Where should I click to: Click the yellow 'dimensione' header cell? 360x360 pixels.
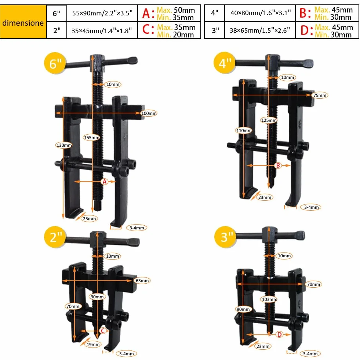point(23,22)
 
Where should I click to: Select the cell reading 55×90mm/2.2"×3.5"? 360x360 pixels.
point(102,13)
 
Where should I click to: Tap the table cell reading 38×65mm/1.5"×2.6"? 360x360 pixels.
point(260,30)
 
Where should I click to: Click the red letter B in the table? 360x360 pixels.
point(303,13)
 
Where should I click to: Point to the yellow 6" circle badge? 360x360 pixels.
point(55,63)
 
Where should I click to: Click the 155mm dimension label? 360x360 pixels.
point(92,138)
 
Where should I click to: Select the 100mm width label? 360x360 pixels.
point(149,113)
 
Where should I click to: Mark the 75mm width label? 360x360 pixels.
point(320,95)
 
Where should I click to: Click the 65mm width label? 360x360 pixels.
point(142,281)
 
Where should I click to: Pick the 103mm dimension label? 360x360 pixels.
point(269,299)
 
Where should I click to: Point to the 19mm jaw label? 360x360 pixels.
point(93,344)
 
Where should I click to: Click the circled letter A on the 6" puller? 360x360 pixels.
point(105,182)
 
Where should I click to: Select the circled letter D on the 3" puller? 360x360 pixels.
point(279,335)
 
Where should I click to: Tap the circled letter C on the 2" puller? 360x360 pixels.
point(103,331)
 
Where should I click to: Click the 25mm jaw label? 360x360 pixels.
point(89,219)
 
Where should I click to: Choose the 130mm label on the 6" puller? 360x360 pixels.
point(64,145)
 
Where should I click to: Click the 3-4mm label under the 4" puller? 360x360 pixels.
point(311,207)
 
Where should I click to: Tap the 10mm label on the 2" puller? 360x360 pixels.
point(113,256)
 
